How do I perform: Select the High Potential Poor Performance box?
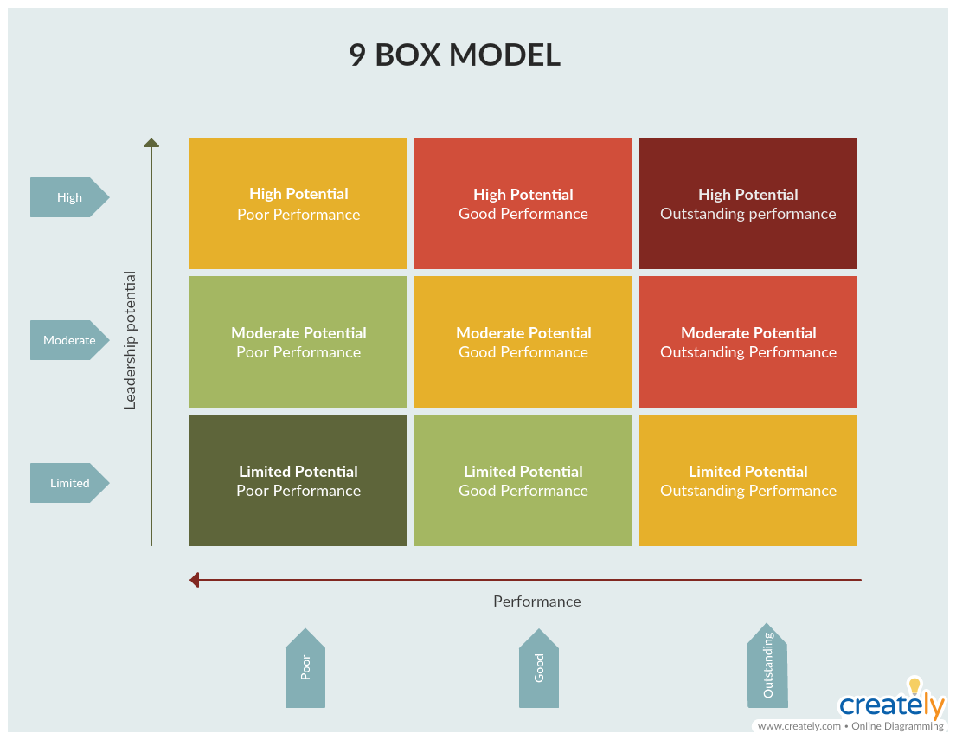(298, 203)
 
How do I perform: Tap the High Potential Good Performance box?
(523, 203)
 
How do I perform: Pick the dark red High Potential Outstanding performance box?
(748, 203)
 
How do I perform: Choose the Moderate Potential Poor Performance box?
(298, 342)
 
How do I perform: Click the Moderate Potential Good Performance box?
(523, 342)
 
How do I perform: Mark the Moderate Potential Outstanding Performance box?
(748, 342)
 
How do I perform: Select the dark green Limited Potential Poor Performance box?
(298, 480)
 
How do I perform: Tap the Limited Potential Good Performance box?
(523, 480)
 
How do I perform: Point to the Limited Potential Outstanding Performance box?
(748, 480)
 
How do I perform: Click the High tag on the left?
(69, 197)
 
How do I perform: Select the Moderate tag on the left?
(69, 340)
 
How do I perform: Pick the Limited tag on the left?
(69, 483)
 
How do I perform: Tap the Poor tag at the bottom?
(305, 668)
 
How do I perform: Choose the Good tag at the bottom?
(539, 668)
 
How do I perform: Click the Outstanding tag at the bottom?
(767, 666)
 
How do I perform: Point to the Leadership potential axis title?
(130, 340)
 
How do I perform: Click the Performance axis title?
(536, 602)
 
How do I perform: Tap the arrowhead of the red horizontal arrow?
(195, 580)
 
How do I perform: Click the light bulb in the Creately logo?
(914, 685)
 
